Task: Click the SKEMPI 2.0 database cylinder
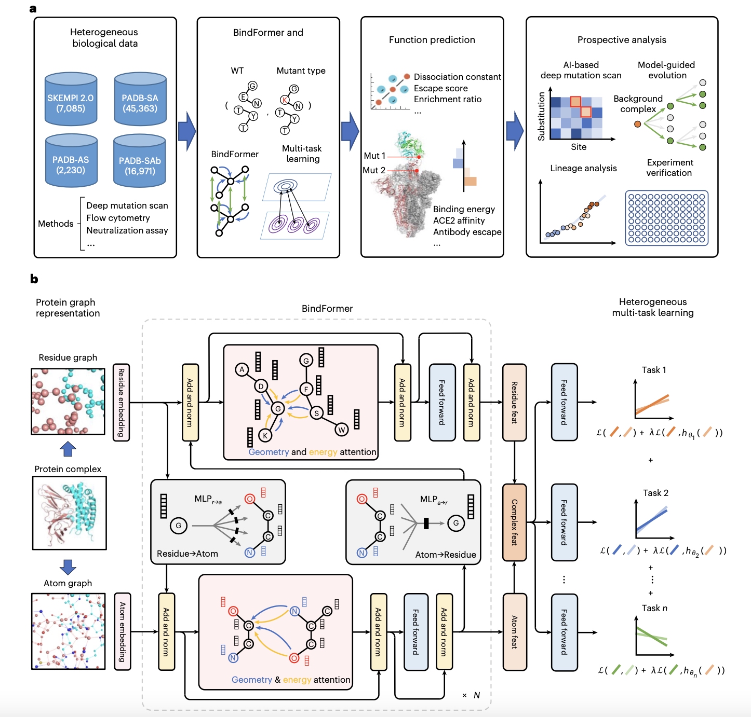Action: (x=71, y=100)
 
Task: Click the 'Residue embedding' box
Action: (x=121, y=402)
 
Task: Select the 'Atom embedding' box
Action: (x=122, y=631)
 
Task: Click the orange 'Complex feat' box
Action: (x=514, y=522)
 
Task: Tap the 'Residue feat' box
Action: (x=514, y=402)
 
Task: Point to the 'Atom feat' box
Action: (x=514, y=631)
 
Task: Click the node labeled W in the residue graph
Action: (x=341, y=429)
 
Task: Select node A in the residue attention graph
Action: (x=242, y=369)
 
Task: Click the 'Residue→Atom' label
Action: (x=187, y=554)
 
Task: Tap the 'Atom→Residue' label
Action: (x=445, y=555)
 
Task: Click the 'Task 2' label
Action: (x=655, y=493)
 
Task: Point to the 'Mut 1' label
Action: (x=374, y=156)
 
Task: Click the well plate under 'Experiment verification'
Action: (x=667, y=217)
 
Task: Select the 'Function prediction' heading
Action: (x=432, y=40)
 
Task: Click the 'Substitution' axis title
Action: (x=542, y=116)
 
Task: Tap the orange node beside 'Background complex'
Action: (x=637, y=124)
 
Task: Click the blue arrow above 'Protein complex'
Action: (x=68, y=449)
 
